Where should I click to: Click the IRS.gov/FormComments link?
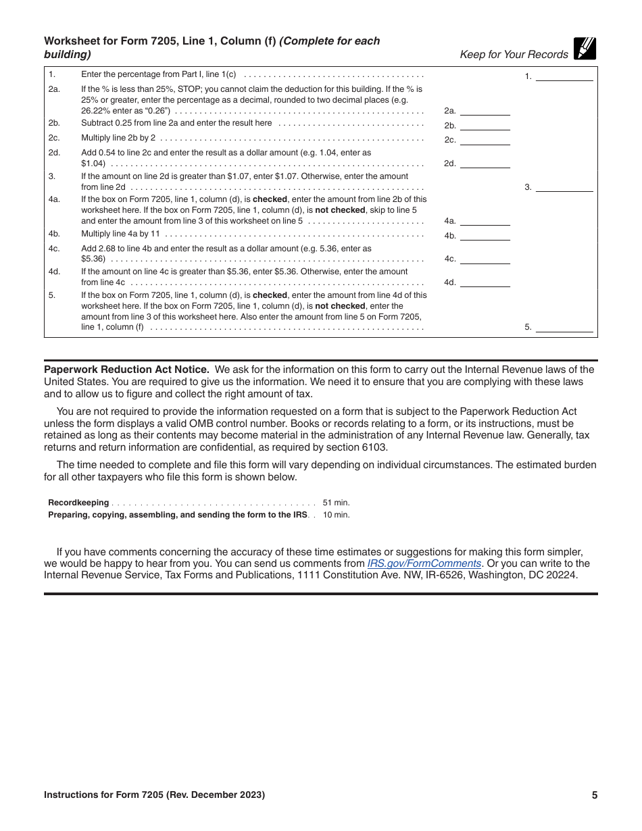424,563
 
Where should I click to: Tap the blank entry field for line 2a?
485,110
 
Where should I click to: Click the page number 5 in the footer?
595,795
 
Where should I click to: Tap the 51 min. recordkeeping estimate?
336,503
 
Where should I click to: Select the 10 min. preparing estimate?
336,515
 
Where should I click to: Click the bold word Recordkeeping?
78,503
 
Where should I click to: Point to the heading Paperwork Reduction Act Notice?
126,370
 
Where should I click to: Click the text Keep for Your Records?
514,55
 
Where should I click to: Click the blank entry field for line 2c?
485,139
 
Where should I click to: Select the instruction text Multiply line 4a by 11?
120,234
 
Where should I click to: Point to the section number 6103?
373,447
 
